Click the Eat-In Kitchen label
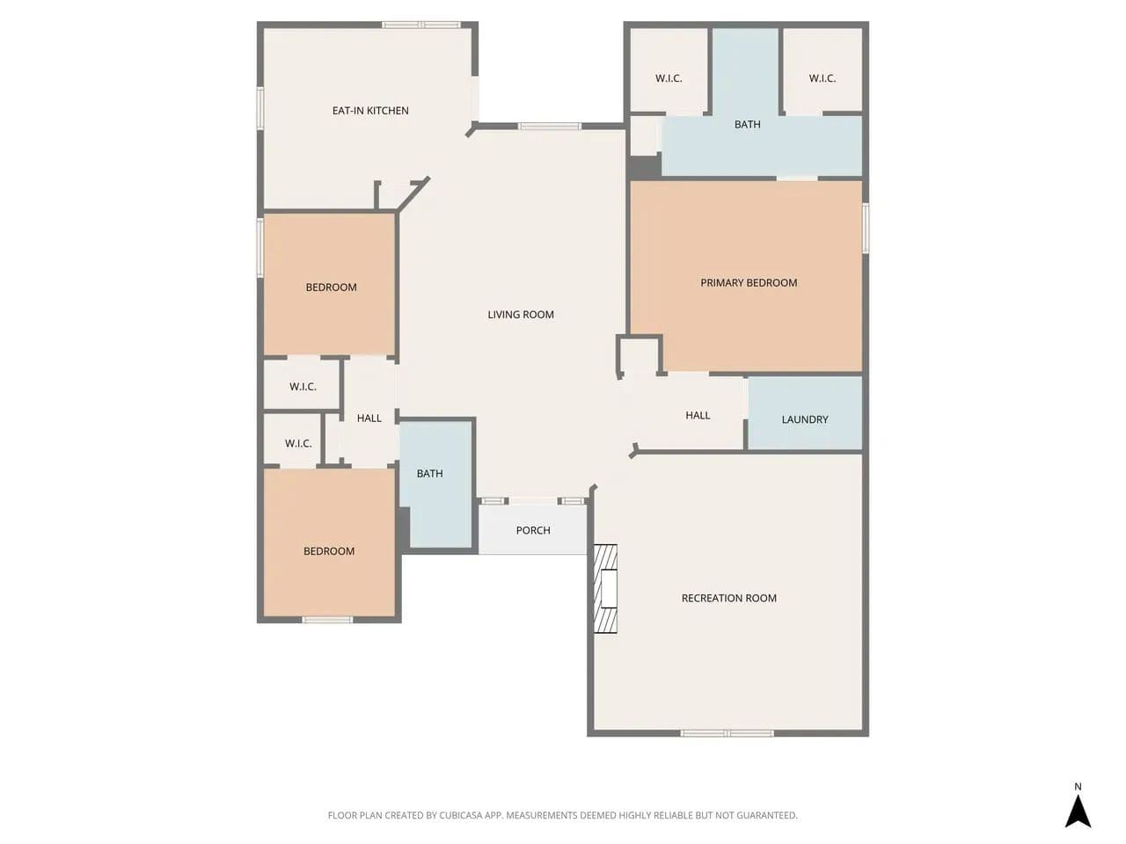click(369, 111)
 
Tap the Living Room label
click(520, 315)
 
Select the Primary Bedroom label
click(749, 283)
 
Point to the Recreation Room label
click(728, 598)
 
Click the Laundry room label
click(804, 419)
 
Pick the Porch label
click(533, 530)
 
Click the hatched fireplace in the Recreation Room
click(605, 589)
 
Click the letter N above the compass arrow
click(1078, 787)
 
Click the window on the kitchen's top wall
click(420, 25)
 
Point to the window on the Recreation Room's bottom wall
click(727, 733)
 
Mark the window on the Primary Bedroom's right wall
click(866, 229)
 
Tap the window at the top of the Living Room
click(550, 126)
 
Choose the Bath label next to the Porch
click(429, 474)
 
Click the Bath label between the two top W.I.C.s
click(747, 125)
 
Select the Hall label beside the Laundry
click(698, 415)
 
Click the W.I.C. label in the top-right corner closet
click(822, 78)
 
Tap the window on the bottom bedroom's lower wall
click(327, 620)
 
